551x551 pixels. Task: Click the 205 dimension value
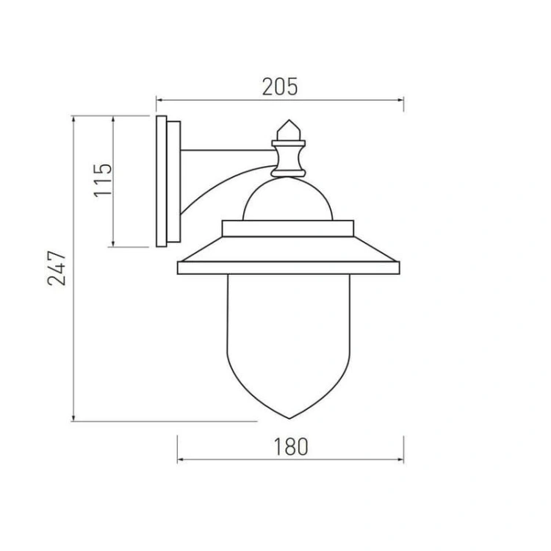(x=280, y=87)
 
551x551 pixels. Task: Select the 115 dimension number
(x=103, y=180)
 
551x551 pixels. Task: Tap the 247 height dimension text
(x=57, y=268)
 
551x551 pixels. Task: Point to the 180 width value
(x=290, y=447)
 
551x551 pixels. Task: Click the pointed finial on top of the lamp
(x=289, y=130)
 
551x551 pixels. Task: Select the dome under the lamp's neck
(x=288, y=199)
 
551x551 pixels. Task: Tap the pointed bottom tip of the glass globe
(x=289, y=419)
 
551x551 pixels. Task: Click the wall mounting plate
(x=168, y=181)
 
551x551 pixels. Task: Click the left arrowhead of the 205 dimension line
(x=159, y=100)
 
